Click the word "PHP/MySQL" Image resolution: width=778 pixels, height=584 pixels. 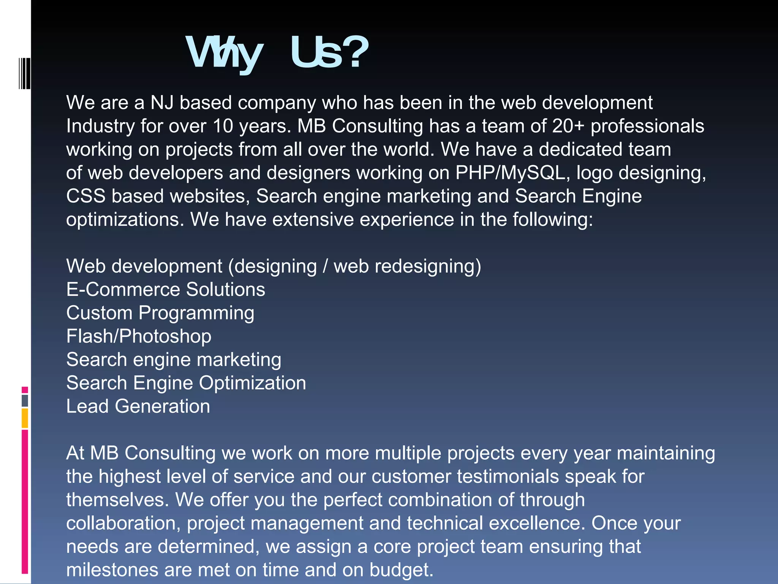pos(512,173)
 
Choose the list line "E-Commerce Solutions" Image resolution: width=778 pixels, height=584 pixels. pos(166,290)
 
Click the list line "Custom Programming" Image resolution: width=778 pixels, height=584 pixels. pos(160,313)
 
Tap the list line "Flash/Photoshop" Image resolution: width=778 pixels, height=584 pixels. pos(139,336)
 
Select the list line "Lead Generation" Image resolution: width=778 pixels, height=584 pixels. pos(138,406)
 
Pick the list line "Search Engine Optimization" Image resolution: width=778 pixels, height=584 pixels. pos(186,383)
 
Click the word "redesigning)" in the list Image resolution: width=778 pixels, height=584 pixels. pos(428,266)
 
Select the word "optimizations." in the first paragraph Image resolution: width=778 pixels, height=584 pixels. pos(125,220)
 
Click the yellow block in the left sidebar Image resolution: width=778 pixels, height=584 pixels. pos(25,418)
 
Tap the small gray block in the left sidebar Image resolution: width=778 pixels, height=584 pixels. pos(25,401)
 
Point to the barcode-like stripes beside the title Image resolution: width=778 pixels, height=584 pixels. pos(25,73)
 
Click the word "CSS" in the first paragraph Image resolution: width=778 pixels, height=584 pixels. pos(86,197)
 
